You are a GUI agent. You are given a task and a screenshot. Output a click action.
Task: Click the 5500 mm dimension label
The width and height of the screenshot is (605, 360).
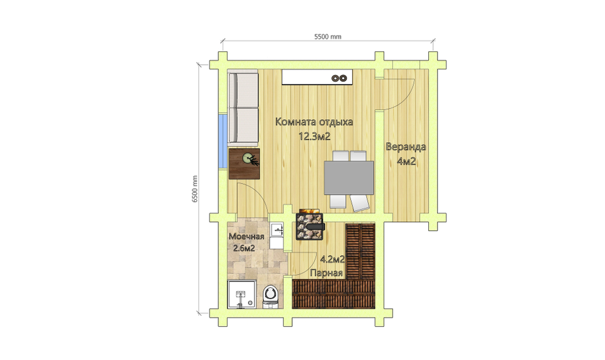pos(327,37)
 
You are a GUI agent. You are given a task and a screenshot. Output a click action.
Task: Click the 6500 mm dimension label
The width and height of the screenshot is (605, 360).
pos(195,189)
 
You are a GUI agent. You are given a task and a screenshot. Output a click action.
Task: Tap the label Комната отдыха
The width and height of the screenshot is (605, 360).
pos(314,122)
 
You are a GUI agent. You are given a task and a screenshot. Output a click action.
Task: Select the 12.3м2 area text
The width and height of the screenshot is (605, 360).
pos(315,136)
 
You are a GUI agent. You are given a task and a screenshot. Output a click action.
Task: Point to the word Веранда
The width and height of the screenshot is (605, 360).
pos(406,147)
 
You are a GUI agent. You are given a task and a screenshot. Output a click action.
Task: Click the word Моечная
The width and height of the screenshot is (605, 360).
pos(247,237)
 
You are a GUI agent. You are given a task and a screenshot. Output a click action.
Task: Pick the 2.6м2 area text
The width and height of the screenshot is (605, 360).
pos(244,248)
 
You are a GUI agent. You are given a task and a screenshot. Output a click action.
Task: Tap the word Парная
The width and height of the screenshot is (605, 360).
pos(327,273)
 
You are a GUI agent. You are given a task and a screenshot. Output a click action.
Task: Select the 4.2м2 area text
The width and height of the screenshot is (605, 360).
pos(333,260)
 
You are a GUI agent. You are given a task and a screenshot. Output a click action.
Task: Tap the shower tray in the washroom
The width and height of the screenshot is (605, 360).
pos(241,295)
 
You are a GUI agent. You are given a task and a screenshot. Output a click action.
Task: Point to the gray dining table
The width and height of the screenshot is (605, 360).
pos(349,177)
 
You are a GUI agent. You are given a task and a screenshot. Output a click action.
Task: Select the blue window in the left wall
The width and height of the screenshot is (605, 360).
pos(222,141)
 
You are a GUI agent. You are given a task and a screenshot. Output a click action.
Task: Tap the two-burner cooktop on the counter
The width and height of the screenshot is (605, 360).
pos(340,78)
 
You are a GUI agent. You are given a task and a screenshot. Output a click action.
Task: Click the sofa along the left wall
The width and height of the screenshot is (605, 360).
pos(243,108)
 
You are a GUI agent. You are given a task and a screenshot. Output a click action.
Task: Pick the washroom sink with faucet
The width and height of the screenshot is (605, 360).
pos(276,231)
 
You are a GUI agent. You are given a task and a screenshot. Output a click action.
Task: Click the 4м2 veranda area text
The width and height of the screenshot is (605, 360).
pos(407,162)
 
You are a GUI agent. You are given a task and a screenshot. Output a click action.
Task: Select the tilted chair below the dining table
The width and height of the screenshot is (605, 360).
pos(359,203)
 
